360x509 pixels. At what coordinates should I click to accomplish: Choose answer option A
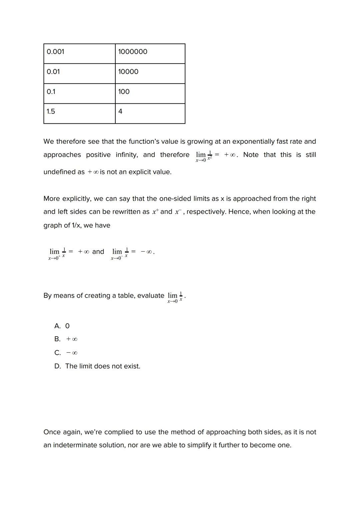pyautogui.click(x=62, y=326)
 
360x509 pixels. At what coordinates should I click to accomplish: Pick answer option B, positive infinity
pyautogui.click(x=66, y=339)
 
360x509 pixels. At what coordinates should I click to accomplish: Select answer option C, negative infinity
pyautogui.click(x=66, y=353)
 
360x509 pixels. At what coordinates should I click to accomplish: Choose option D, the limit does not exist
pyautogui.click(x=97, y=366)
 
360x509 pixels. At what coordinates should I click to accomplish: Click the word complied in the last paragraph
pyautogui.click(x=117, y=432)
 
